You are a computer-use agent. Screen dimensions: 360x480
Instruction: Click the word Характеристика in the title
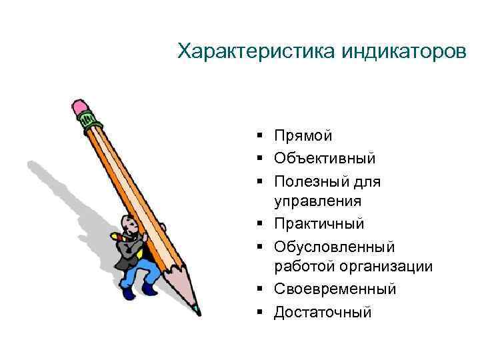coord(258,51)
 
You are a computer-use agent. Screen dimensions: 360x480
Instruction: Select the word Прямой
coord(303,136)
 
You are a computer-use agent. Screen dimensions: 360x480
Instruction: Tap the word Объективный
coord(325,159)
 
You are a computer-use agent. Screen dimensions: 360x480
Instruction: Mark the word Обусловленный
coord(334,247)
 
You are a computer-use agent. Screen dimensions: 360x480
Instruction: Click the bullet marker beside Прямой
coord(258,137)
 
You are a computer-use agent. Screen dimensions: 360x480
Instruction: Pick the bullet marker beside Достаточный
coord(258,312)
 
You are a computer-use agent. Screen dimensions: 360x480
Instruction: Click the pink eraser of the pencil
coord(81,106)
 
